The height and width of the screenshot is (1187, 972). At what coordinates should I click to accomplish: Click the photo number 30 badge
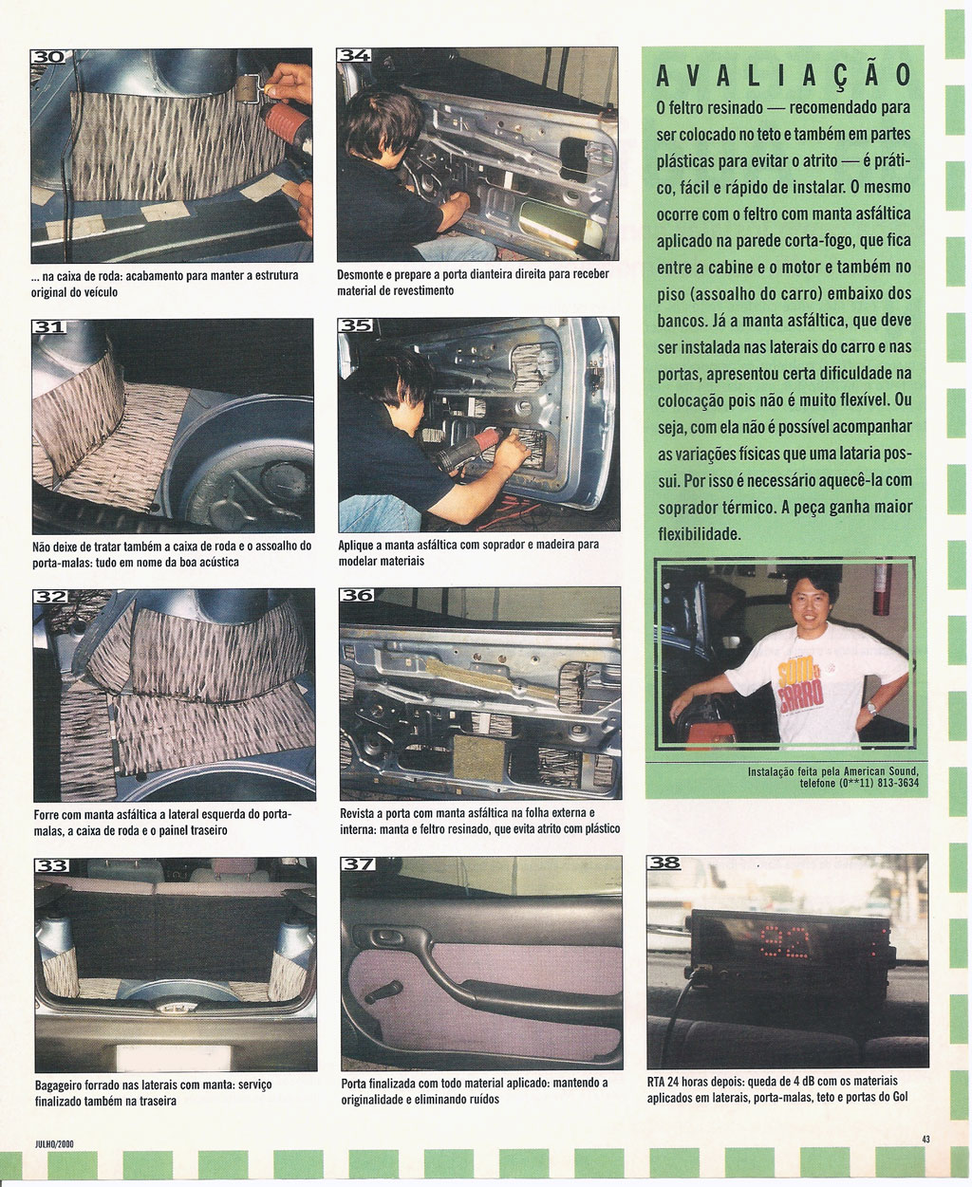click(47, 57)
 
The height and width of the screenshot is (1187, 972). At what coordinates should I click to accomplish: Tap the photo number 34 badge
click(354, 55)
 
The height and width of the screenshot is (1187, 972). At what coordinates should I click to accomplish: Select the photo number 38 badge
click(664, 862)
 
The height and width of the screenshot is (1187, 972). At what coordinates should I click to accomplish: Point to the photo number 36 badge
click(357, 595)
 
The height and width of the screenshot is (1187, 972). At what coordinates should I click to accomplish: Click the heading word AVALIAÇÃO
click(784, 76)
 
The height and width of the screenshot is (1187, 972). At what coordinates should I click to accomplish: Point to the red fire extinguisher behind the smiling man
click(881, 587)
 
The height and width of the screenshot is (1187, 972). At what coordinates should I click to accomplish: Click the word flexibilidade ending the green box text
click(700, 534)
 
